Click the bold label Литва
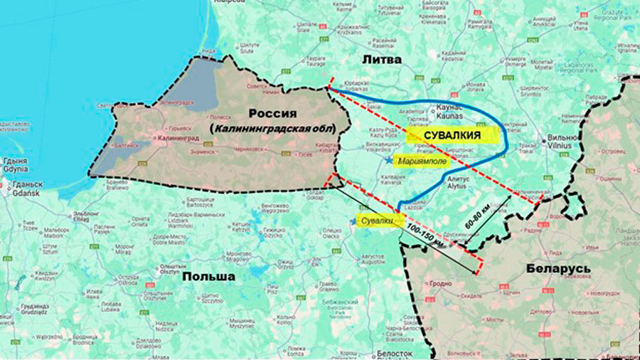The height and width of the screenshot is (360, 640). (x=383, y=60)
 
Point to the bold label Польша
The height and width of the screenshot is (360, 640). (x=208, y=276)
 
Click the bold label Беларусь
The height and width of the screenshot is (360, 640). (x=558, y=268)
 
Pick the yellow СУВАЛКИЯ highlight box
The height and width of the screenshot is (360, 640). (x=450, y=134)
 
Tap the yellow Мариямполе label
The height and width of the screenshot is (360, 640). (x=426, y=160)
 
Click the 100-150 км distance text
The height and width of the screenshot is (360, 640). (x=427, y=235)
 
